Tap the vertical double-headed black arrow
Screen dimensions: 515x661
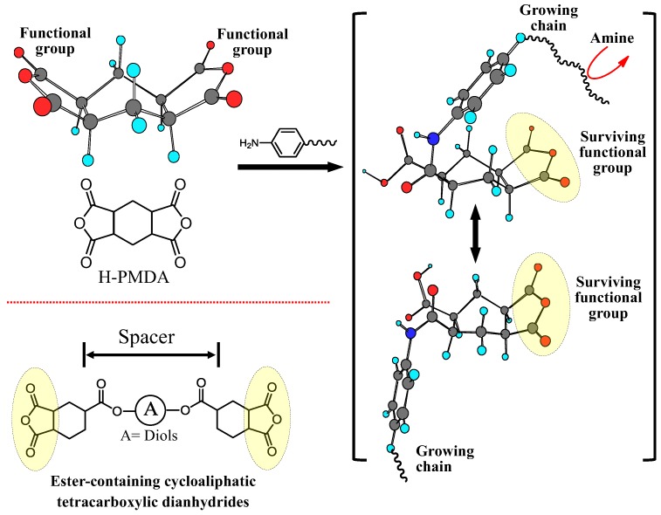tap(476, 234)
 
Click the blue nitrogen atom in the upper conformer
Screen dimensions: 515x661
tap(433, 139)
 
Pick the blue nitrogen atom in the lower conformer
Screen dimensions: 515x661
tap(410, 333)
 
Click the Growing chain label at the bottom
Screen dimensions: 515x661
tap(446, 457)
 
